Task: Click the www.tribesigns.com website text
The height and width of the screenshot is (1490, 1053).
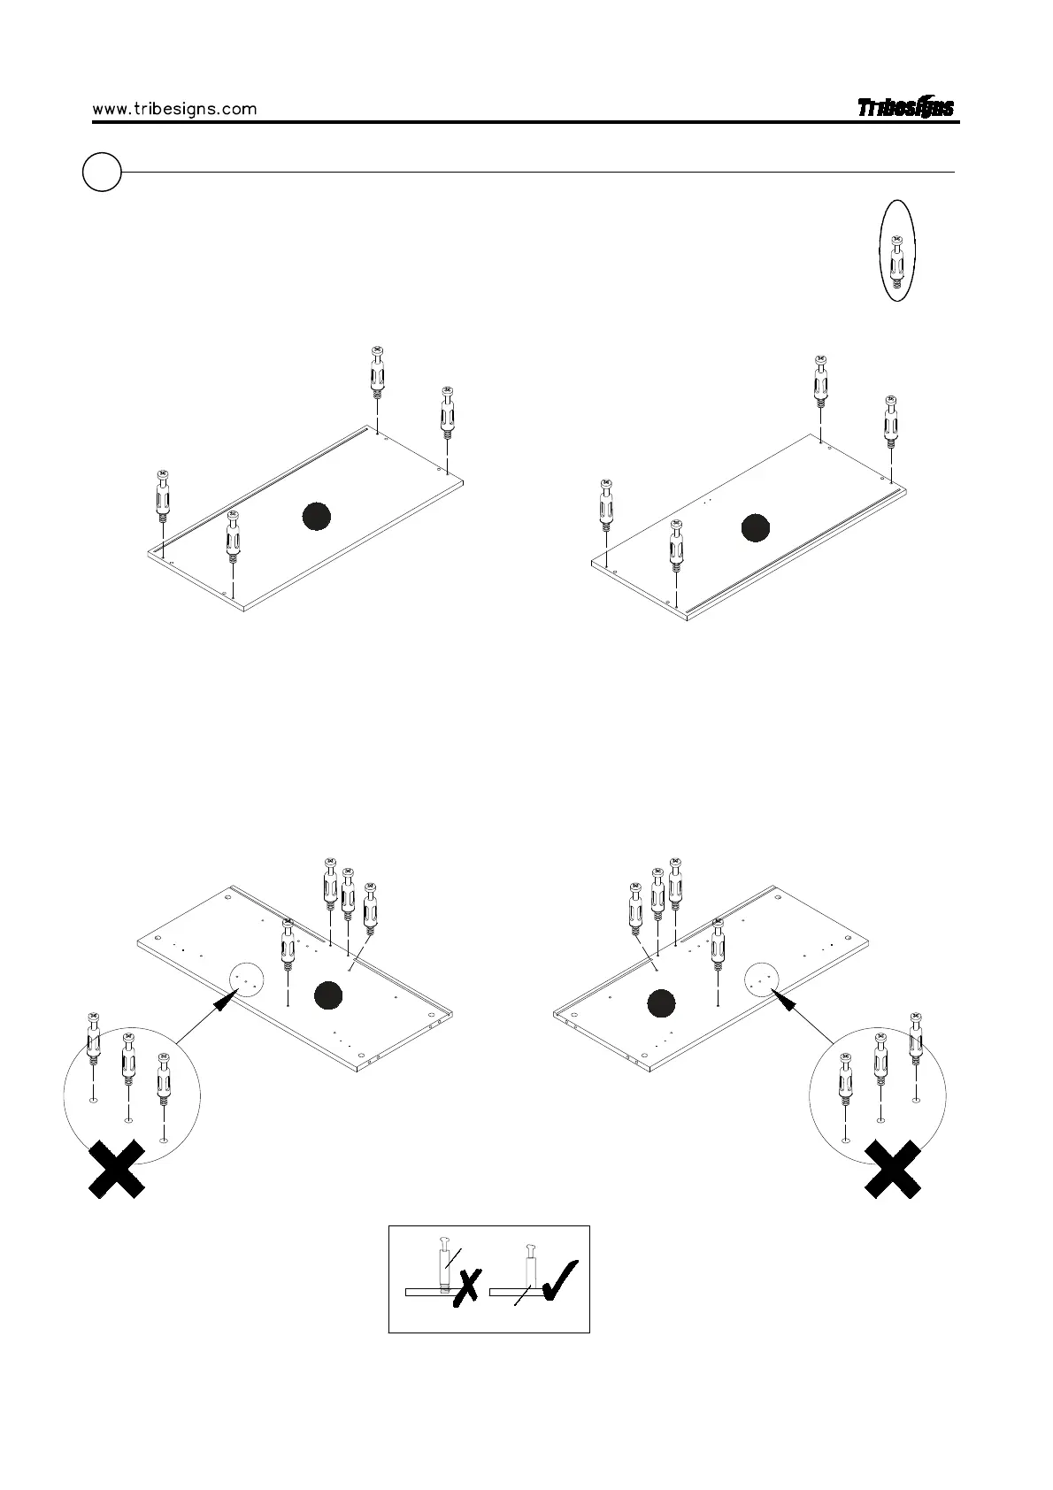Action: [x=174, y=109]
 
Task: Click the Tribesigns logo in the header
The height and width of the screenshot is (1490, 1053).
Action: [x=905, y=108]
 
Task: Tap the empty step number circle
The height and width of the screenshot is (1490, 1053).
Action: [x=102, y=172]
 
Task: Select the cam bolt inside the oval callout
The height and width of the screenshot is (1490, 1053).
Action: [x=897, y=262]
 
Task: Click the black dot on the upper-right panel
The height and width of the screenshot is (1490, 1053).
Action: [x=755, y=526]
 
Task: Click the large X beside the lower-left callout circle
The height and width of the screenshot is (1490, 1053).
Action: [x=117, y=1169]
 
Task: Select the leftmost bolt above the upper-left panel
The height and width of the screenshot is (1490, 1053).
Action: [x=163, y=500]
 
